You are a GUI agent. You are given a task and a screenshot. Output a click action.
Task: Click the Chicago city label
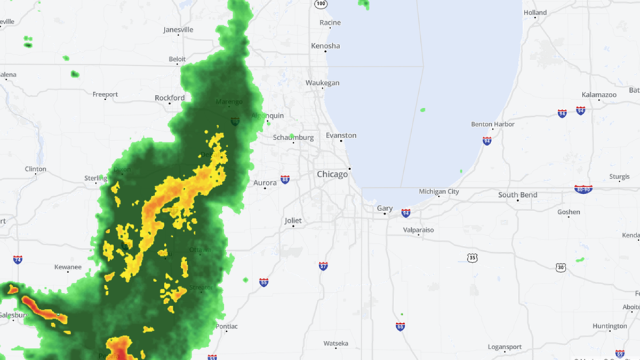pyautogui.click(x=332, y=174)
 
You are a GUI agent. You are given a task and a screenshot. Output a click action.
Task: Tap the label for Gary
pyautogui.click(x=385, y=209)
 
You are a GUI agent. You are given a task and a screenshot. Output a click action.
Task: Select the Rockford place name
pyautogui.click(x=170, y=98)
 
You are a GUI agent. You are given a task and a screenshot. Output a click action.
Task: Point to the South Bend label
pyautogui.click(x=517, y=195)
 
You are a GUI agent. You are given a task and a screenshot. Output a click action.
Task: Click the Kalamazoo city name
pyautogui.click(x=599, y=94)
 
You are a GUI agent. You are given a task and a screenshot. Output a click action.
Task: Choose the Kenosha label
pyautogui.click(x=325, y=46)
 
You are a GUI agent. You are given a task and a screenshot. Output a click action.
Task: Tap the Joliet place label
pyautogui.click(x=293, y=220)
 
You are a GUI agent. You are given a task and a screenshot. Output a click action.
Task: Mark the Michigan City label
pyautogui.click(x=438, y=191)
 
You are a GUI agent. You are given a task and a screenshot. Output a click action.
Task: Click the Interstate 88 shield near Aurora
pyautogui.click(x=285, y=180)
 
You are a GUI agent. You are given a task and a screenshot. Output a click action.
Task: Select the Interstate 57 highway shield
pyautogui.click(x=323, y=266)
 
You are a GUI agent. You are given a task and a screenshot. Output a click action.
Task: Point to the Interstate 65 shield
pyautogui.click(x=400, y=326)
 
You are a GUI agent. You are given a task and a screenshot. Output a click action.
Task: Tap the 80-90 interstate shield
pyautogui.click(x=583, y=189)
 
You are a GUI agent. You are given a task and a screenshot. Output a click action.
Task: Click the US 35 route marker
pyautogui.click(x=472, y=258)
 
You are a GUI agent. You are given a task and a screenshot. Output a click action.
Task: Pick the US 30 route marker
pyautogui.click(x=559, y=267)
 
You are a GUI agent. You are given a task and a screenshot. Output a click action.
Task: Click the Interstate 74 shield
pyautogui.click(x=18, y=260)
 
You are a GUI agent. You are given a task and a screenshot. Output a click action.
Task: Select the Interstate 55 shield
pyautogui.click(x=263, y=282)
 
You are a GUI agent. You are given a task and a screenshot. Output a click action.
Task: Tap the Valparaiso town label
pyautogui.click(x=418, y=230)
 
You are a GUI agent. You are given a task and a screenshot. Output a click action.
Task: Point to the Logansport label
pyautogui.click(x=504, y=347)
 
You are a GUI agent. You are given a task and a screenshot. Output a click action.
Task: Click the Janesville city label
pyautogui.click(x=178, y=30)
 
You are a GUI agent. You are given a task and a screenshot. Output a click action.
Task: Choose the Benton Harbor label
pyautogui.click(x=493, y=124)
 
